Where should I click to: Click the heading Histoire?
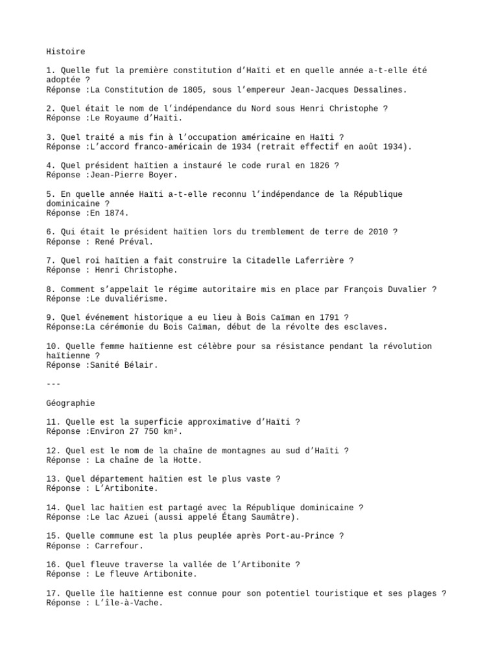coord(65,51)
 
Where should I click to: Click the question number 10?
coord(53,346)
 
